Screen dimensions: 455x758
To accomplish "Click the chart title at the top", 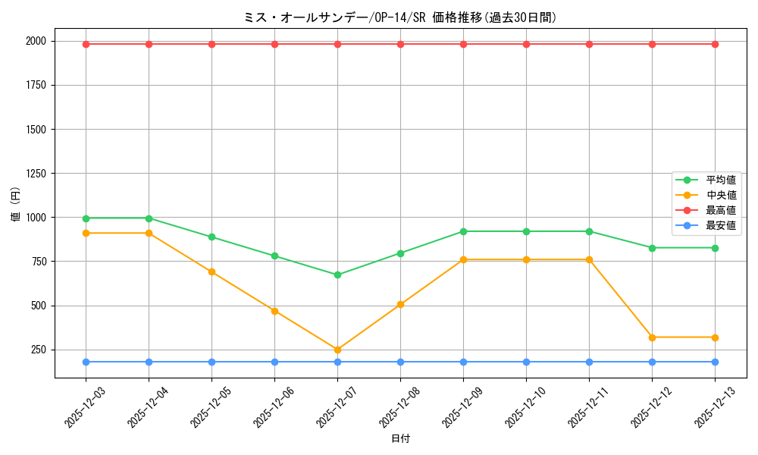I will (x=400, y=17).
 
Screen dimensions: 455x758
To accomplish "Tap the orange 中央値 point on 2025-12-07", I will (x=337, y=350).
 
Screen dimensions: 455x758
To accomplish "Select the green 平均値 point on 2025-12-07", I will (x=337, y=275).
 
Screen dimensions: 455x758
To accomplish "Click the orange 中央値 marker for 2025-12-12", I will (x=652, y=337).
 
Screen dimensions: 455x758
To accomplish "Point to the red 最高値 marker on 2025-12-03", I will (x=86, y=44).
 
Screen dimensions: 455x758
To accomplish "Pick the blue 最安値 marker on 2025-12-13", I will (x=715, y=362).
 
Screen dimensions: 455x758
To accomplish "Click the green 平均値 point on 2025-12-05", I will (x=211, y=237).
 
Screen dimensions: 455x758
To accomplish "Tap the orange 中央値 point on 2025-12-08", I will (x=400, y=305).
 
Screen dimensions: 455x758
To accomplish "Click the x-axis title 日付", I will (x=400, y=439).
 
